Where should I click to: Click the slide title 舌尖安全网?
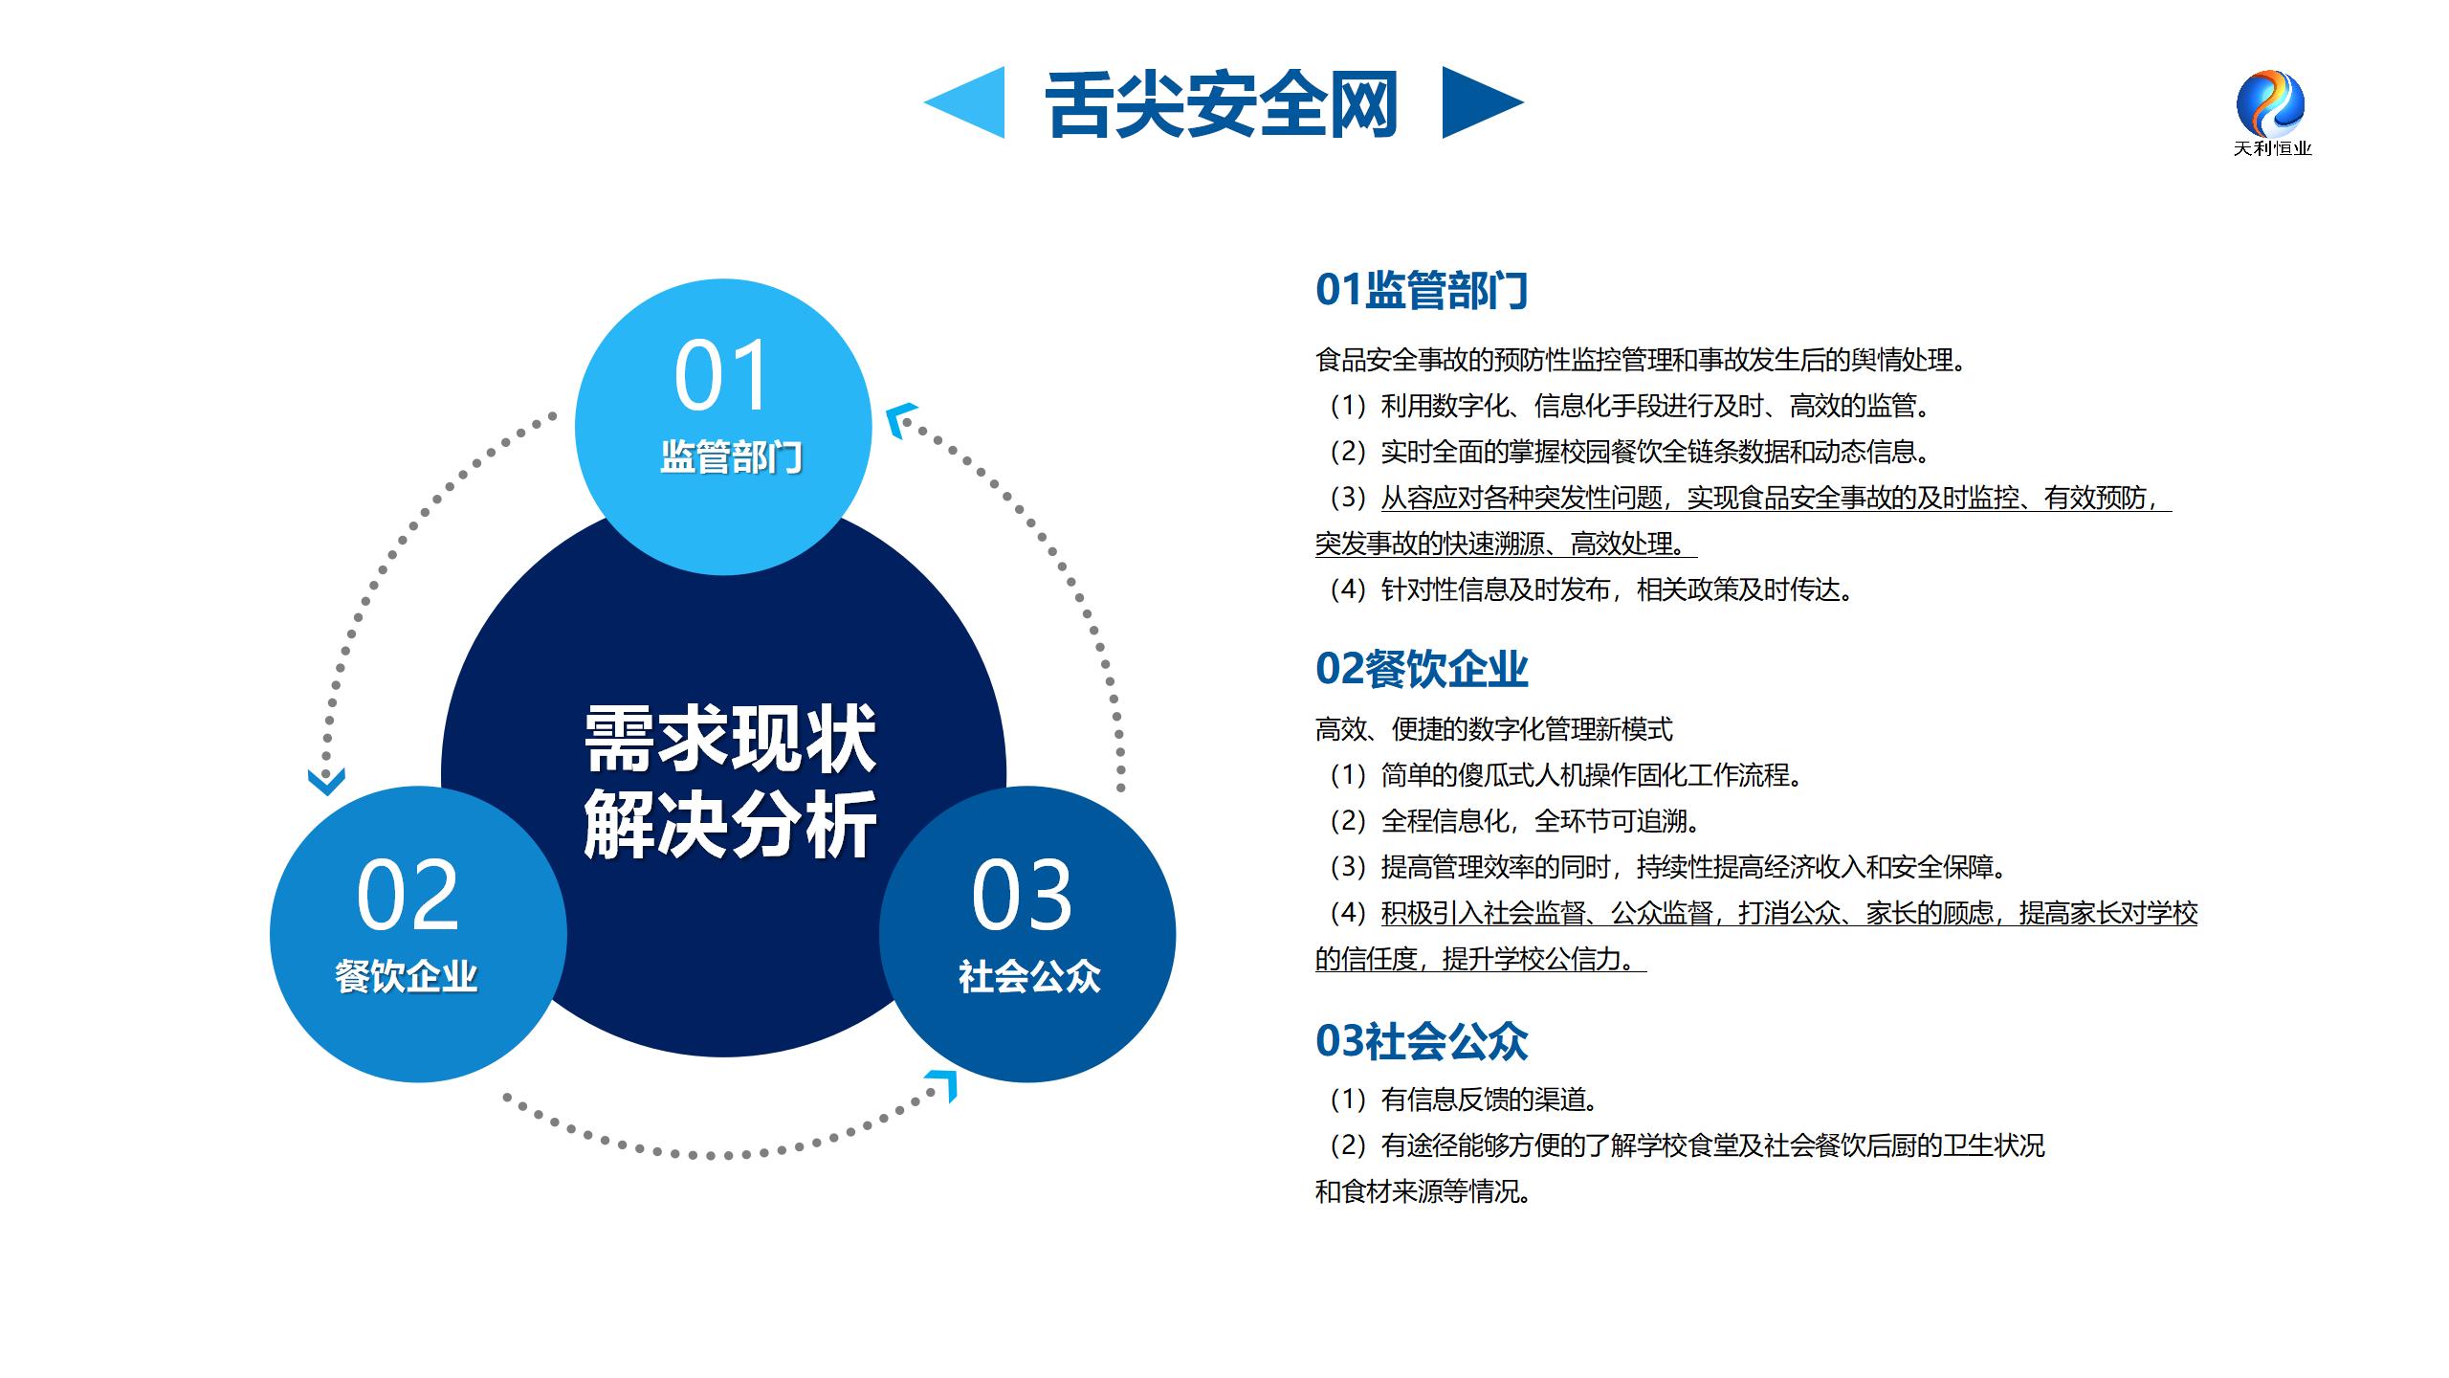(x=1222, y=103)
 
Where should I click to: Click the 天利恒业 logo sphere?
(x=2270, y=102)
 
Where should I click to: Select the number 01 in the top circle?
(x=721, y=376)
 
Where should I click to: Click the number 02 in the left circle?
(x=408, y=896)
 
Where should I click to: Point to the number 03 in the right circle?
(x=1022, y=896)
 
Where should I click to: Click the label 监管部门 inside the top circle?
(x=731, y=457)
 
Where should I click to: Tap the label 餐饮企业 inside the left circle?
(x=406, y=976)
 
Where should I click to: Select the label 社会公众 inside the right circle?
(x=1029, y=976)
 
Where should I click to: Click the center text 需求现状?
(x=730, y=739)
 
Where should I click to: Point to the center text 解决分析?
(x=730, y=823)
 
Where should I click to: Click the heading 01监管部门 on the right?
(x=1422, y=290)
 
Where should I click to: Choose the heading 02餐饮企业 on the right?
(x=1422, y=669)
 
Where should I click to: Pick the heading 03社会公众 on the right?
(x=1422, y=1041)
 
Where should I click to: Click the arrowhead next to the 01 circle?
(x=900, y=419)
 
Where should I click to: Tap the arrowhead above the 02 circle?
(x=326, y=781)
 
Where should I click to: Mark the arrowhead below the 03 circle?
(x=943, y=1085)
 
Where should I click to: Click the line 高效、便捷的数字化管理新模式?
(x=1494, y=729)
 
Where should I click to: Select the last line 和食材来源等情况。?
(x=1423, y=1191)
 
